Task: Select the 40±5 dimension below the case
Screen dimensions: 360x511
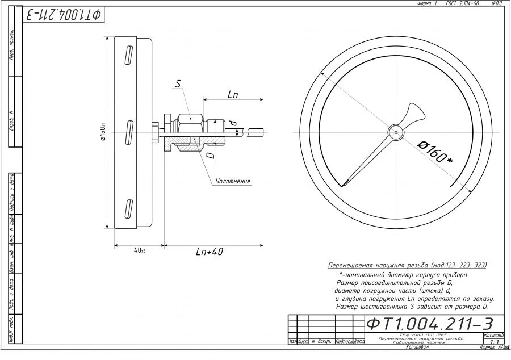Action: click(139, 251)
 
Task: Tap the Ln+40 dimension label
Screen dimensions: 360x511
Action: click(210, 252)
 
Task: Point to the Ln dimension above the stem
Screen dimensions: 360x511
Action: click(233, 95)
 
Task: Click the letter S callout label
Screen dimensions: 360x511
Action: click(178, 84)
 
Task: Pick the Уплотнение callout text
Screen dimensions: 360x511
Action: click(233, 181)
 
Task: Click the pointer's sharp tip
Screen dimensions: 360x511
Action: click(344, 184)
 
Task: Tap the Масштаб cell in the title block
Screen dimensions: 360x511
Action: click(493, 335)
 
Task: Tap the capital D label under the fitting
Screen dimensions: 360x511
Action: click(210, 154)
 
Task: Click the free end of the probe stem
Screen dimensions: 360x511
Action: click(262, 132)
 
